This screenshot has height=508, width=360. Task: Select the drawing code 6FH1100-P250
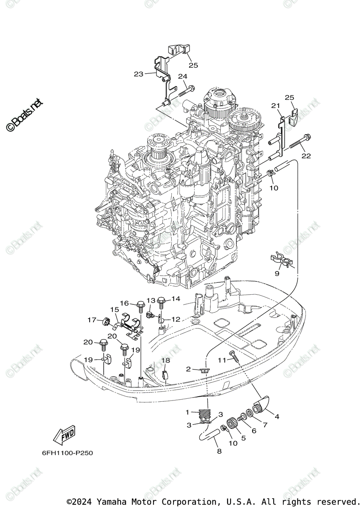67,453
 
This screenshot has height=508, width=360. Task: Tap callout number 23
139,74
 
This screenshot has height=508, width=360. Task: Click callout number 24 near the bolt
182,77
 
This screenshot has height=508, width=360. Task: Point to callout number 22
306,156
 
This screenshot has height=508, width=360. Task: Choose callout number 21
276,105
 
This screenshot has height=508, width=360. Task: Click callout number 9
277,274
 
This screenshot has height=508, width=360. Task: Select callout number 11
223,360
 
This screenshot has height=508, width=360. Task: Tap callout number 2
188,369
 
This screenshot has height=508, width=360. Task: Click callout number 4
277,417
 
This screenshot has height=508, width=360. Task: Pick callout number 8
219,452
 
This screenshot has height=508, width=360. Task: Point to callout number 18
165,360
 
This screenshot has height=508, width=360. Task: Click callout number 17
92,320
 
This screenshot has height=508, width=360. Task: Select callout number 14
176,299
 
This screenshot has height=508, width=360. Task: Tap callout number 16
124,303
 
